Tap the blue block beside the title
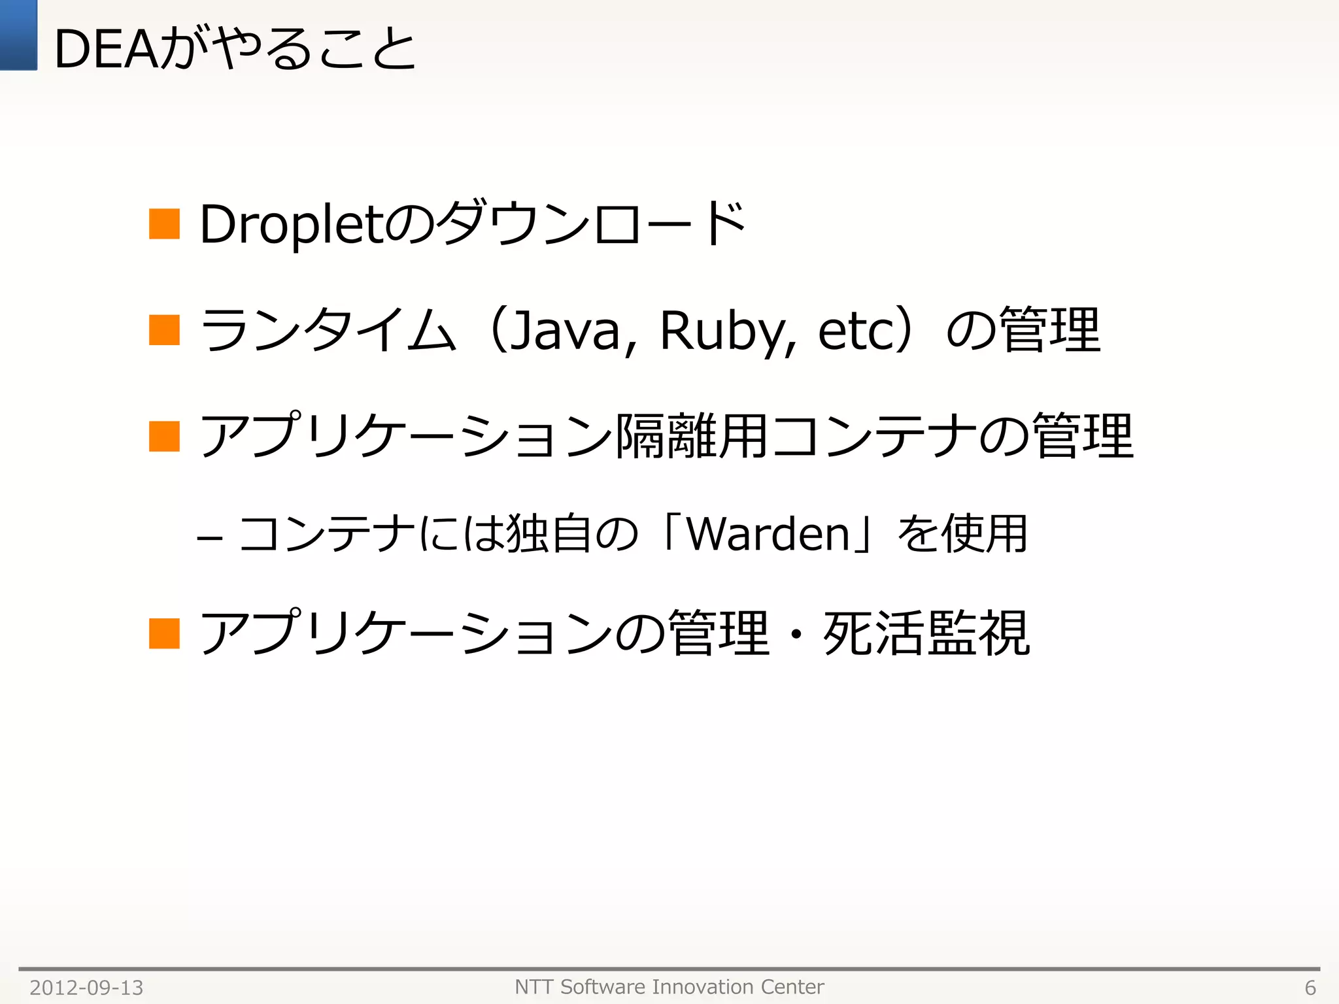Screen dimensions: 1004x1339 (x=18, y=35)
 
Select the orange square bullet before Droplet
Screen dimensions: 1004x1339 (x=164, y=224)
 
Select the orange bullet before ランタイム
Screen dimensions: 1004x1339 (x=164, y=329)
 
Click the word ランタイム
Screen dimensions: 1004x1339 (x=327, y=330)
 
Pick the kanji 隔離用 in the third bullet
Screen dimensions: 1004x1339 (x=692, y=436)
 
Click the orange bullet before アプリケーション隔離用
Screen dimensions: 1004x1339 (x=164, y=436)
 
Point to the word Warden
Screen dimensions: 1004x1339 (x=768, y=534)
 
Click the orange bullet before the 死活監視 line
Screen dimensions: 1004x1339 (x=164, y=633)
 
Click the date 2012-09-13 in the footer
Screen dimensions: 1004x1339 (x=86, y=988)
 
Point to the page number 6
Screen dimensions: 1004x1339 (x=1310, y=988)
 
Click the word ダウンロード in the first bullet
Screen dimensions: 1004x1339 (x=592, y=224)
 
